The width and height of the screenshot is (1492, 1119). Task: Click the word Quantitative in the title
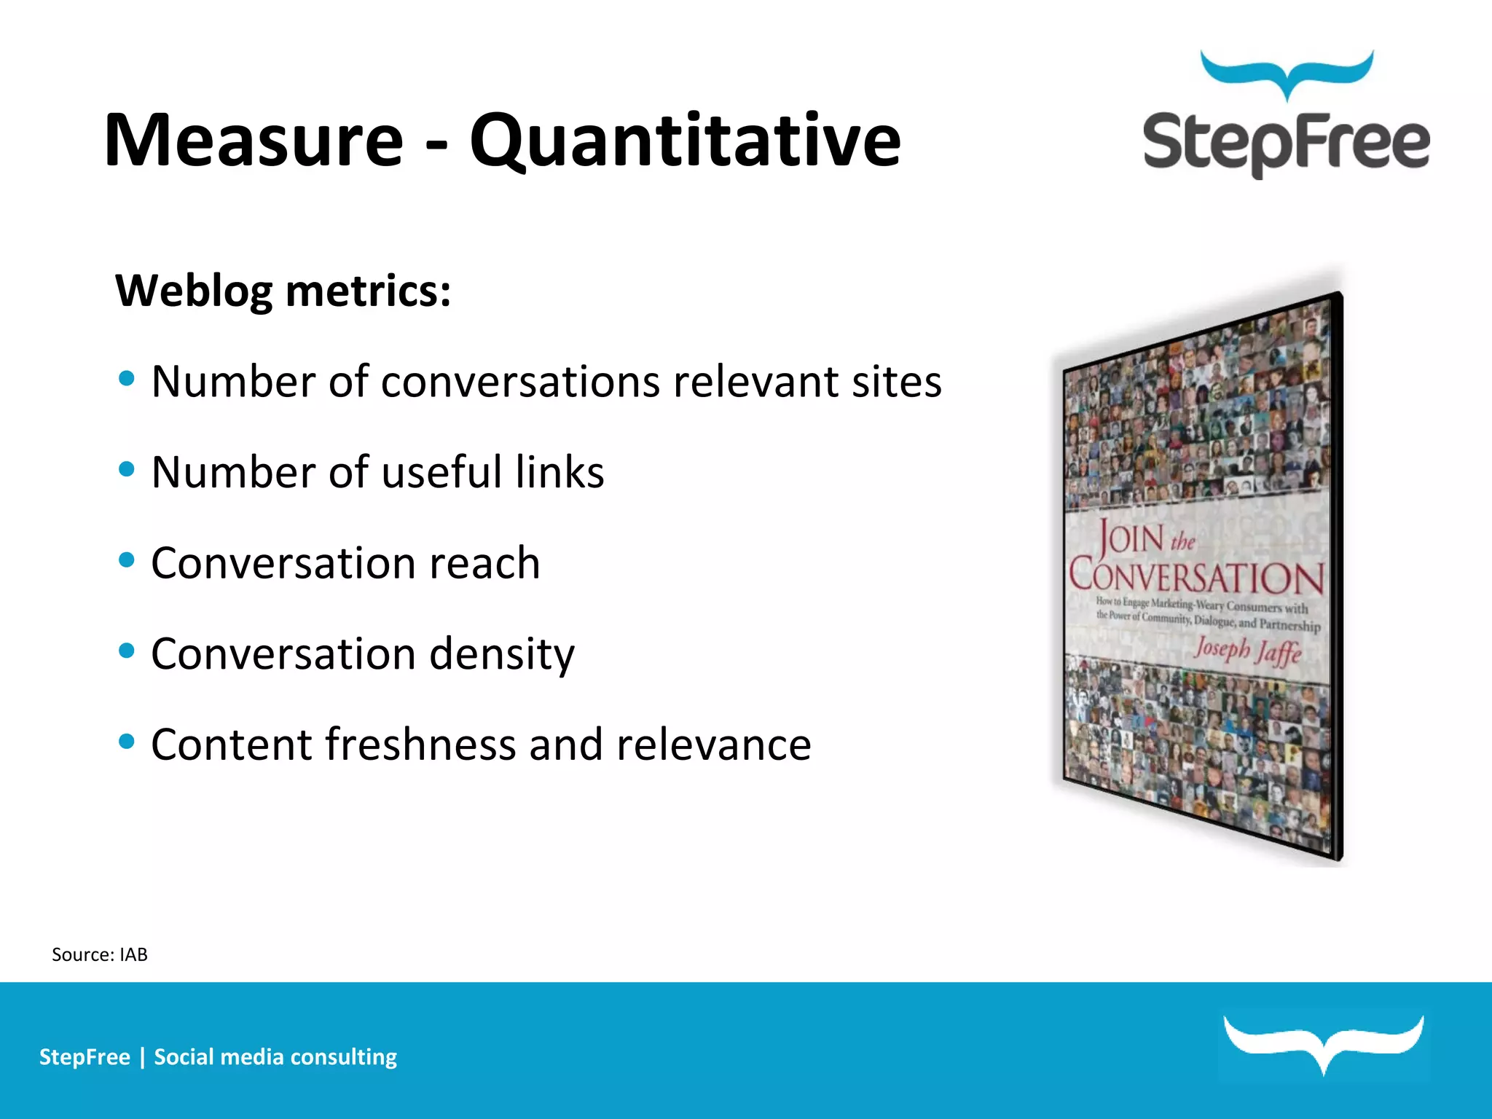click(685, 140)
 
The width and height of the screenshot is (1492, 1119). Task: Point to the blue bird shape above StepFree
click(1287, 73)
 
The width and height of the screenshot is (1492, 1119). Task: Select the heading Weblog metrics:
click(283, 291)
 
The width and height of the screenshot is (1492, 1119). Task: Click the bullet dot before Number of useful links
click(127, 469)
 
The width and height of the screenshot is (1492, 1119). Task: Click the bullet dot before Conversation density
click(127, 651)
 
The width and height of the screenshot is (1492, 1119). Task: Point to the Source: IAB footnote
click(100, 954)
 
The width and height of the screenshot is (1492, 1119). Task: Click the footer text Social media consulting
click(275, 1057)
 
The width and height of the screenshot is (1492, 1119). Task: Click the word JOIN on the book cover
click(1131, 538)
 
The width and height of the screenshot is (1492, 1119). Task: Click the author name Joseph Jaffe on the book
click(1247, 649)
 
